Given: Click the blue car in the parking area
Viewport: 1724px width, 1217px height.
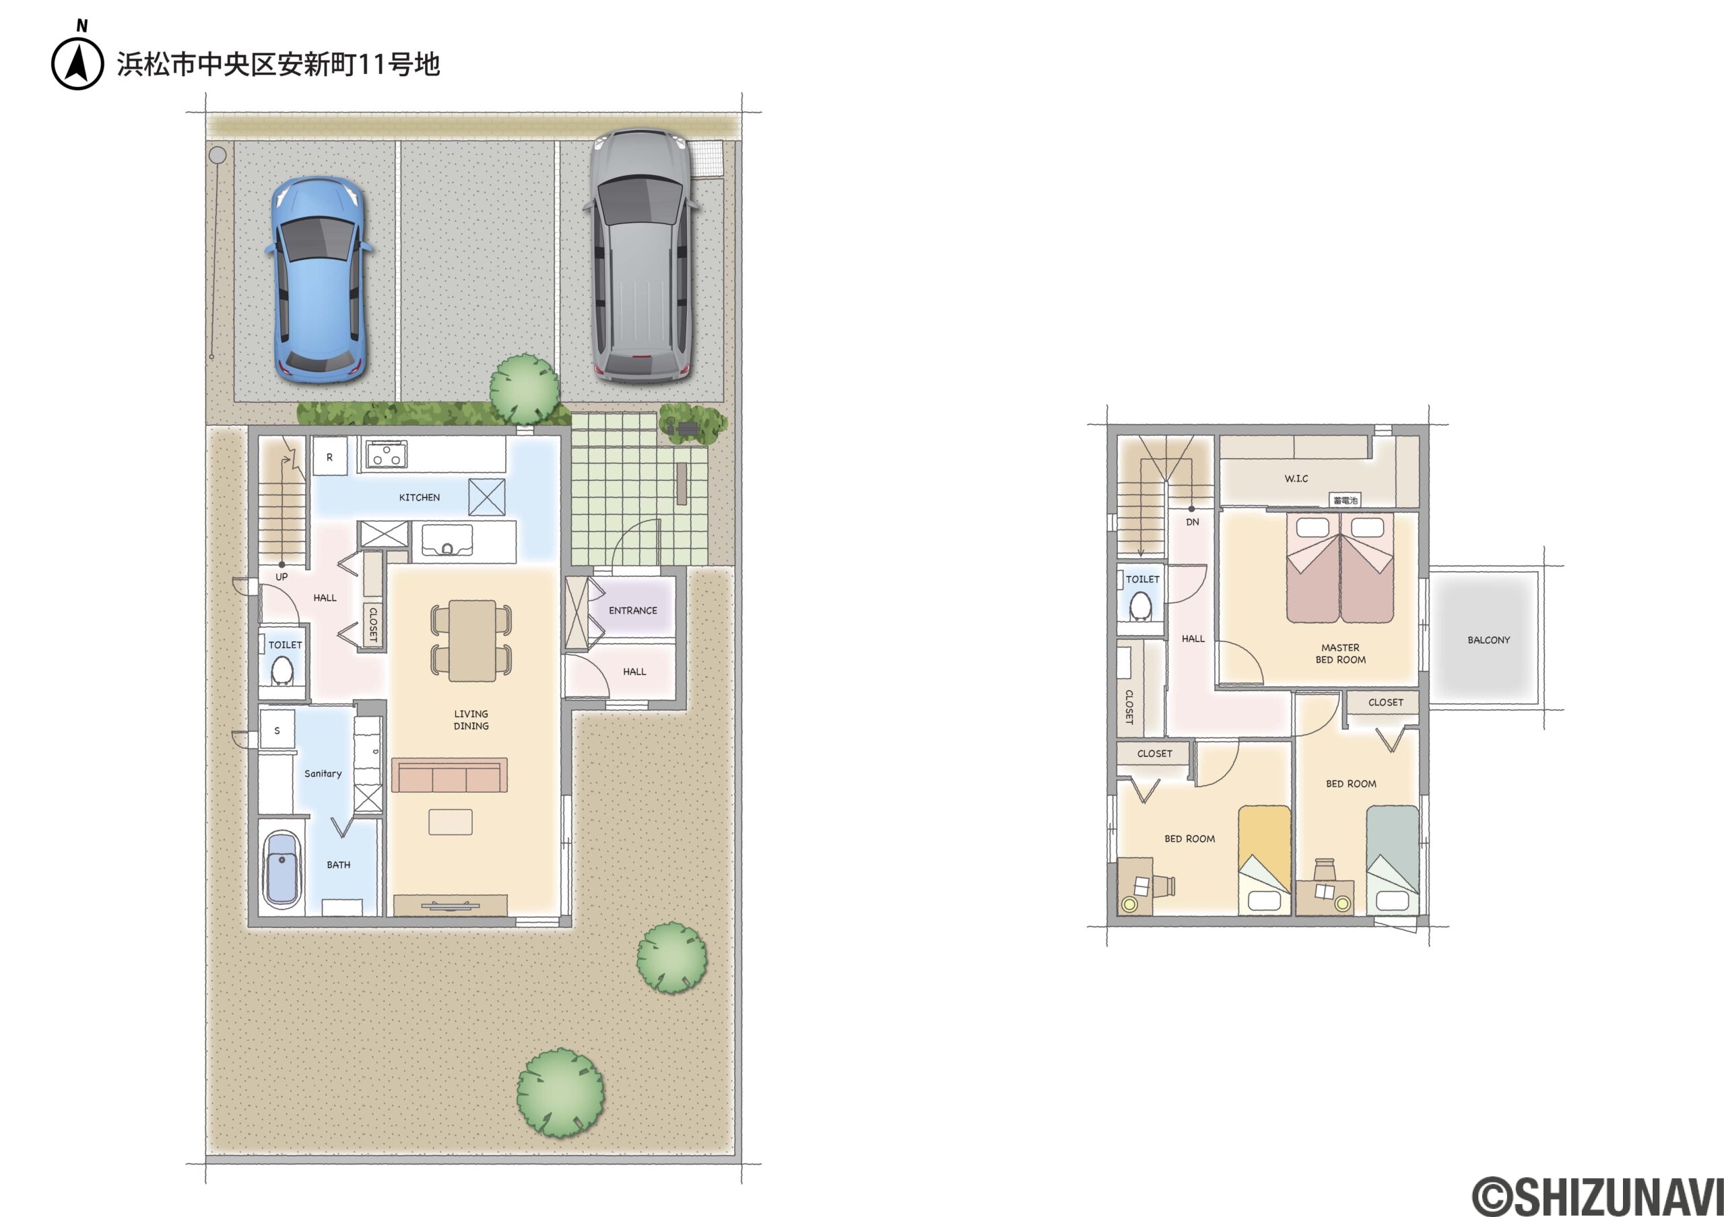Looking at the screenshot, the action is point(318,279).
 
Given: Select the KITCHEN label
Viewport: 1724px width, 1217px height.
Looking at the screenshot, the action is point(419,498).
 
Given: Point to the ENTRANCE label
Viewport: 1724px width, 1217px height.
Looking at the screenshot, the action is point(632,610).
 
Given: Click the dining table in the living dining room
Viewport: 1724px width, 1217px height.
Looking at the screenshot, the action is point(471,640).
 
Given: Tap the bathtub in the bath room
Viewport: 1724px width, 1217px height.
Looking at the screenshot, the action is point(281,869).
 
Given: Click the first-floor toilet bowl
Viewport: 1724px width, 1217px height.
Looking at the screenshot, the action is point(281,670).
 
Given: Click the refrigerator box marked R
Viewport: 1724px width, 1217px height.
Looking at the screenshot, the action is point(329,457).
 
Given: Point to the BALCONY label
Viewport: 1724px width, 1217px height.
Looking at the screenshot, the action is point(1488,640).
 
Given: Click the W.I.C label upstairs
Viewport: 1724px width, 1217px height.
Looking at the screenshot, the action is point(1296,478).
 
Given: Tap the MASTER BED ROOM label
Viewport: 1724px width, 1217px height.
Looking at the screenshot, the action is point(1340,653).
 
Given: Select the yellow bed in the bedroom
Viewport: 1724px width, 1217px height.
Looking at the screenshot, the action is point(1265,860).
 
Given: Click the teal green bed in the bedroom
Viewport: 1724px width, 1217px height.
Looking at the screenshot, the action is point(1392,860).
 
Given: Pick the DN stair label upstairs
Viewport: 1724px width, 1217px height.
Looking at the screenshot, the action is point(1193,522).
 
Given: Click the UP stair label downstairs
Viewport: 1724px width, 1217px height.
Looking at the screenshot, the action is point(281,577).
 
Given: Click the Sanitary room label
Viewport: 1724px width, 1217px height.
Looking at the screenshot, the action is point(323,773).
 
